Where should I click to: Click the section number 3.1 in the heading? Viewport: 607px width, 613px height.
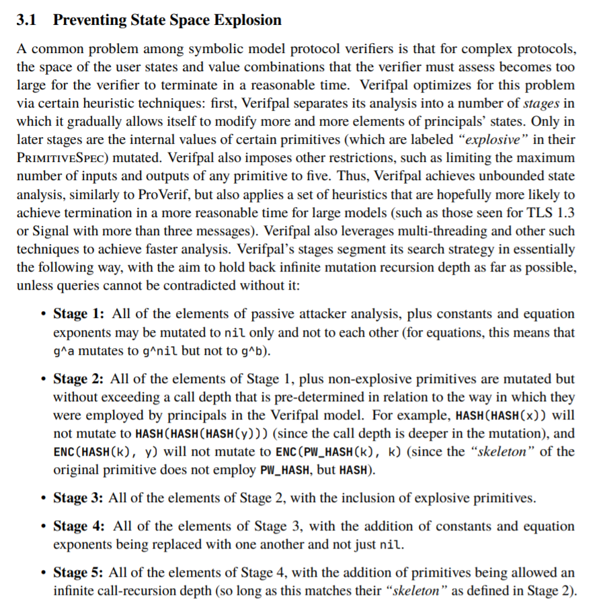click(27, 20)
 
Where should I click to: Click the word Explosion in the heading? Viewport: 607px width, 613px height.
click(247, 20)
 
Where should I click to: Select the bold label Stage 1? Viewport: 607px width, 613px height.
click(79, 314)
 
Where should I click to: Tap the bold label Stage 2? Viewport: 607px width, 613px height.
click(79, 379)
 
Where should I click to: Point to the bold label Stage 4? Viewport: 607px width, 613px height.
click(79, 526)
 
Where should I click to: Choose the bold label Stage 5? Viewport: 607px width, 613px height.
click(79, 573)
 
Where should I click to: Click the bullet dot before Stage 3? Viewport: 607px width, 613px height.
click(43, 498)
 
